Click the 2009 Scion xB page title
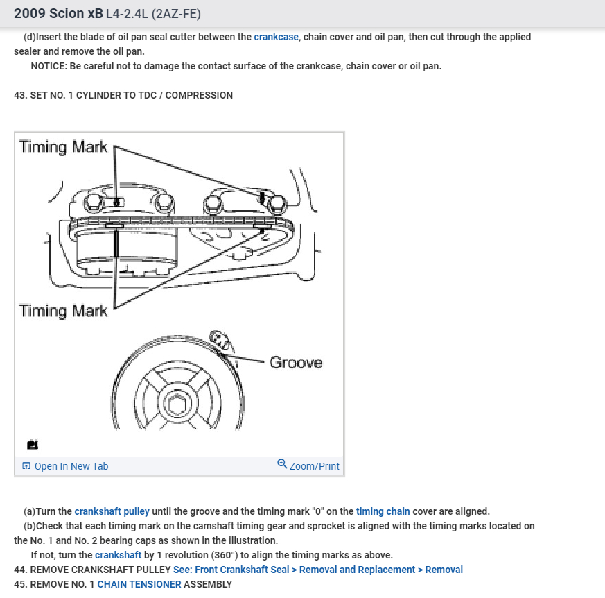point(58,13)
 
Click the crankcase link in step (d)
point(277,37)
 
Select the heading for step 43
point(123,95)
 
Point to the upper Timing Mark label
point(63,147)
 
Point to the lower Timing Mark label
point(63,311)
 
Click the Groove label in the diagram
point(296,362)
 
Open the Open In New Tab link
point(71,466)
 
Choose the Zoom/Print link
point(314,466)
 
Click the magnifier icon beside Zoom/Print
point(282,464)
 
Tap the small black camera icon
point(33,445)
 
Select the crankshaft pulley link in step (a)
point(112,511)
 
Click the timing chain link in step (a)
point(383,511)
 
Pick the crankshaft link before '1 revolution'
point(118,555)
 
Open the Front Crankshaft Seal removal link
point(318,570)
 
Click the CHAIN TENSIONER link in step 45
point(139,584)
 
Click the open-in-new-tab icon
point(26,466)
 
